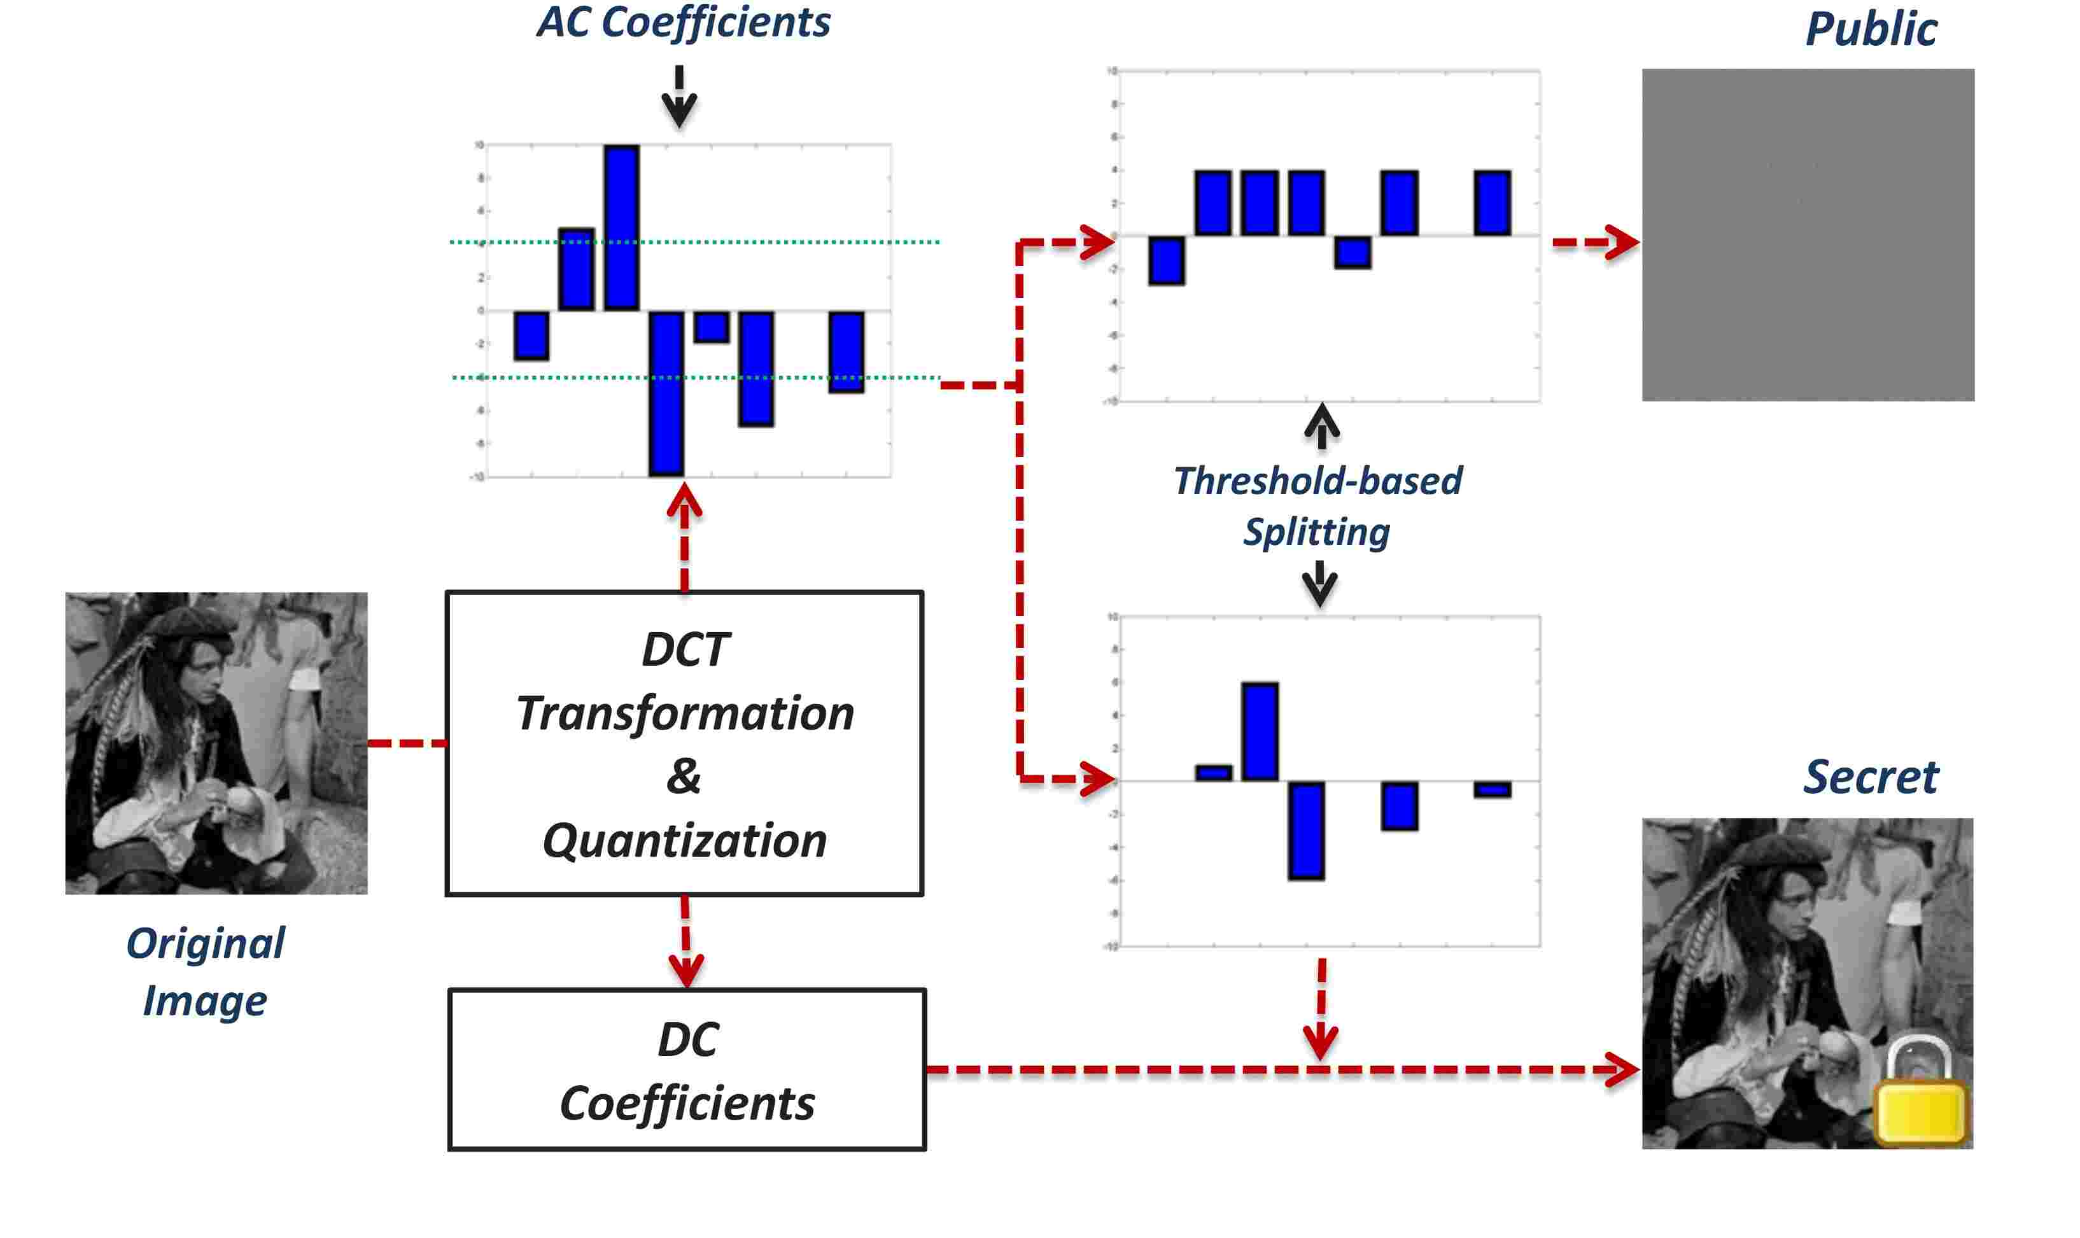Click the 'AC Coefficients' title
point(683,22)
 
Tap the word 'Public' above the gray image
point(1870,30)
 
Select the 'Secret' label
point(1870,778)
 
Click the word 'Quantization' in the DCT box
point(684,840)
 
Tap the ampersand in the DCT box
point(683,776)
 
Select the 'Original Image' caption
point(205,971)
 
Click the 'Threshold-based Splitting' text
point(1318,505)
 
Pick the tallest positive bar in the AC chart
point(621,227)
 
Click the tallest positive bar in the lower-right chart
point(1260,731)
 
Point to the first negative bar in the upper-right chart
point(1166,260)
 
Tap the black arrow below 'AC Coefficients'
point(679,99)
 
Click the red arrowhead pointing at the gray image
point(1622,243)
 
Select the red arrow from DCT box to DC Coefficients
point(685,943)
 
